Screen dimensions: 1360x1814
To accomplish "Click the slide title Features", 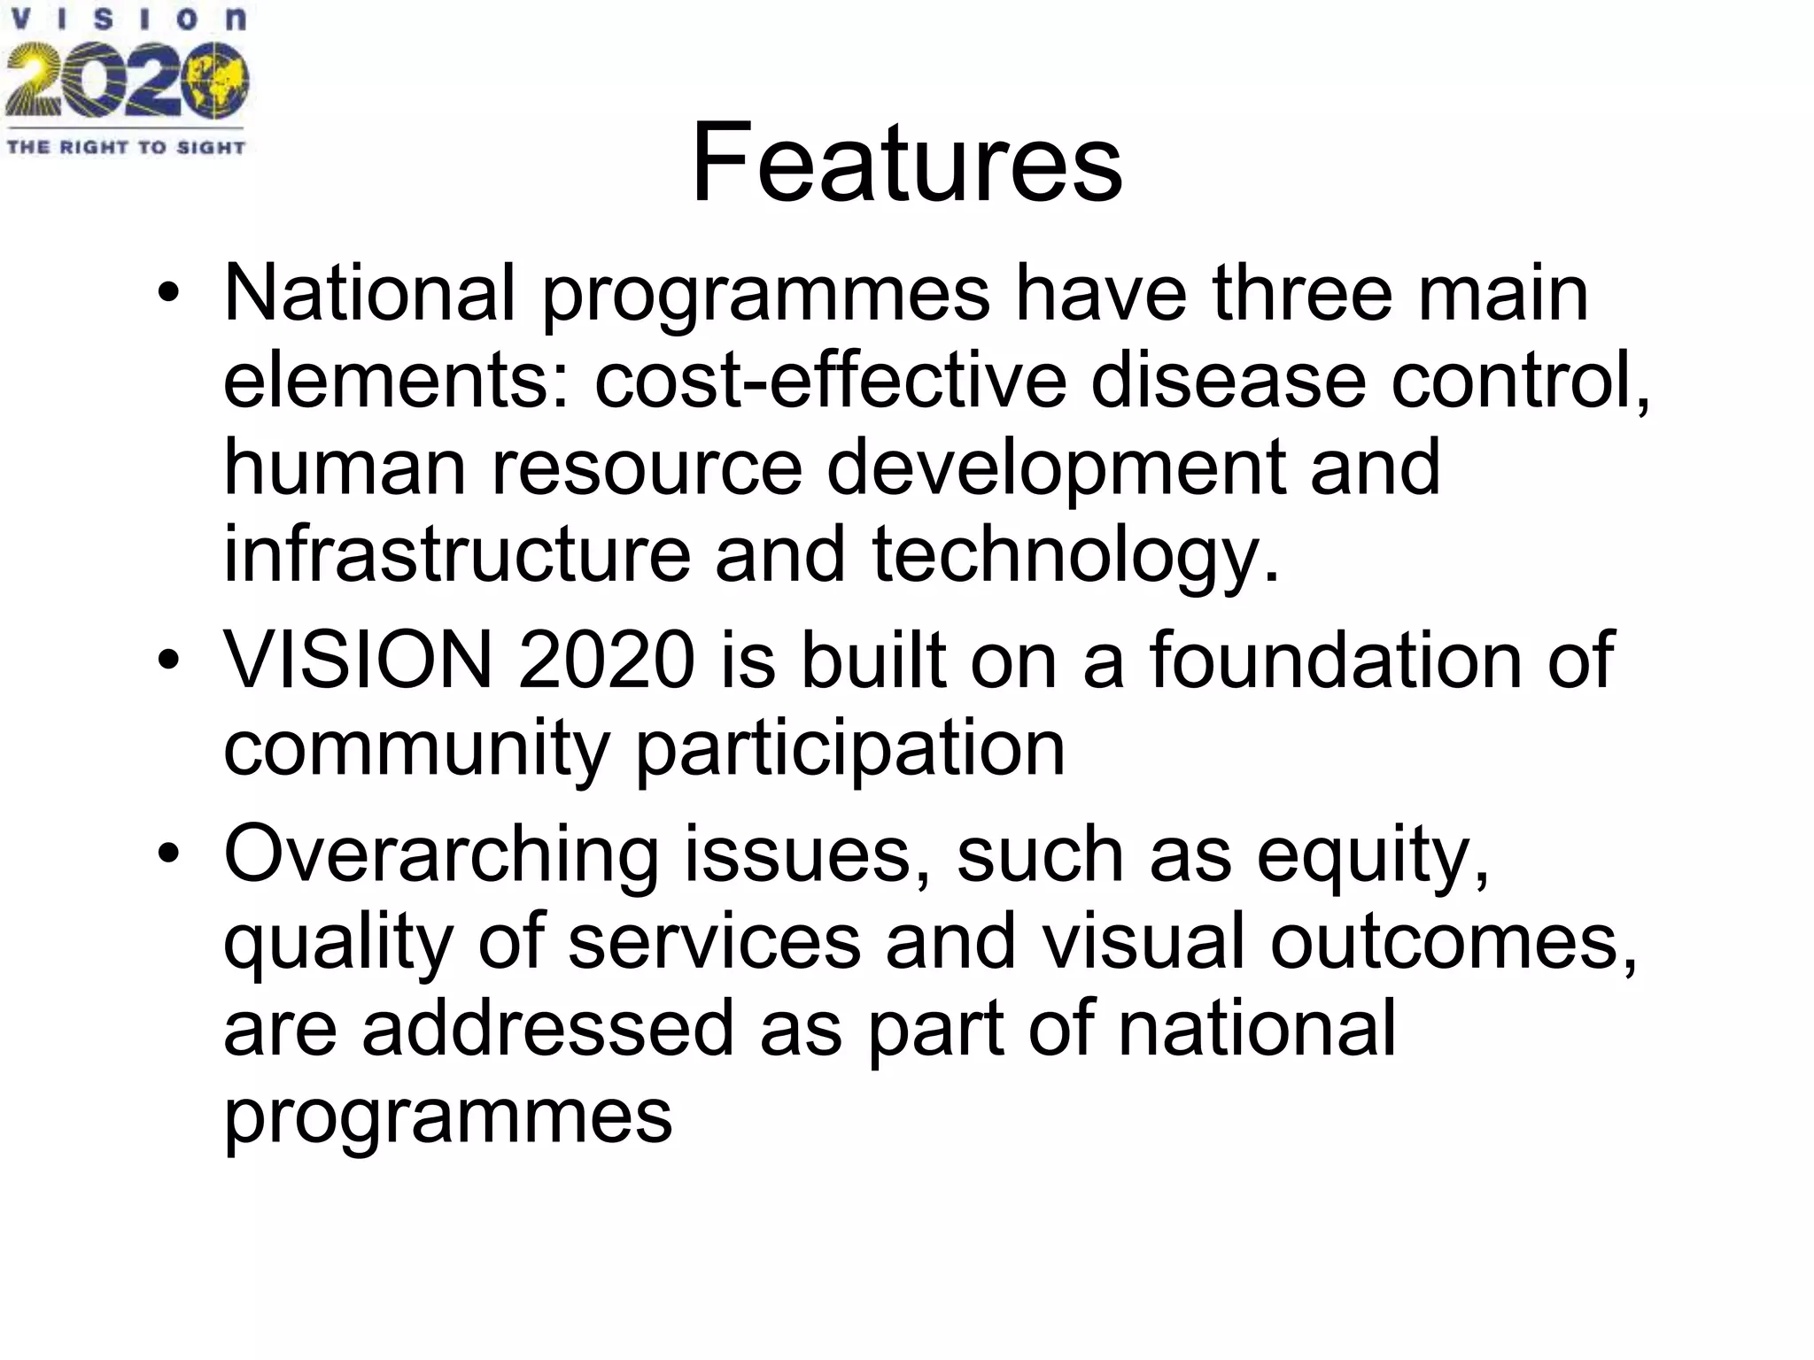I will tap(906, 164).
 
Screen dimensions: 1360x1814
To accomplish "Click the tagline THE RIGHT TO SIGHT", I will tap(126, 147).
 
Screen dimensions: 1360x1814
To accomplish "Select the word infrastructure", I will tap(456, 554).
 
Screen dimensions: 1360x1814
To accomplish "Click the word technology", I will tap(1076, 556).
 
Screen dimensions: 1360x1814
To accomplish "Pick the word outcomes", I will tap(1453, 941).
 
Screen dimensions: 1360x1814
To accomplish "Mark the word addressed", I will tap(548, 1028).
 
